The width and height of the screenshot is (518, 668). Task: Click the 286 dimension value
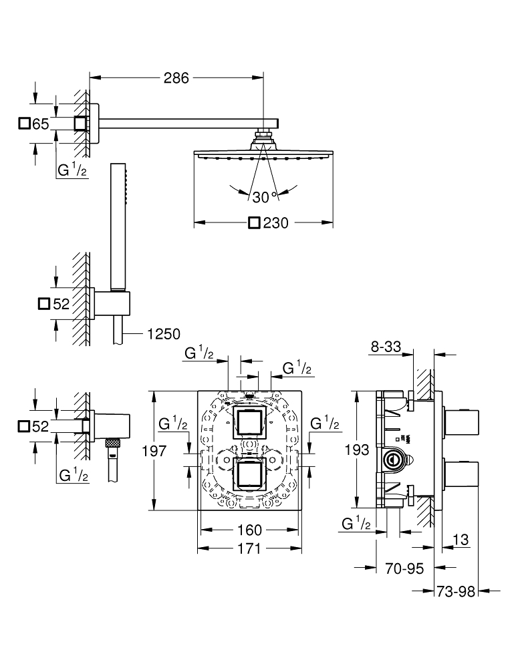pos(177,77)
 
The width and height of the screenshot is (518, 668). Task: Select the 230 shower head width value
pos(275,223)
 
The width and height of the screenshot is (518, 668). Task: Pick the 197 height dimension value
pos(170,451)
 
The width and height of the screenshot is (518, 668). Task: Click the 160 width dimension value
pos(249,530)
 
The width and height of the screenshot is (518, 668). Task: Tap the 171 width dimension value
pos(249,548)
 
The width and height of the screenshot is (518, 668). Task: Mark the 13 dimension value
pos(460,539)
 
